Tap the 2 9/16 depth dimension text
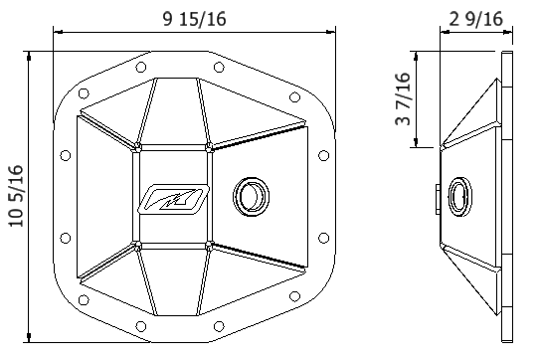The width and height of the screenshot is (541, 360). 475,17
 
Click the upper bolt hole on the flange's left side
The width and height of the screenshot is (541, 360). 66,154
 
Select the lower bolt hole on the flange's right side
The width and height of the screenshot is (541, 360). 323,237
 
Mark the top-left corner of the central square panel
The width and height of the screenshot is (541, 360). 135,148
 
